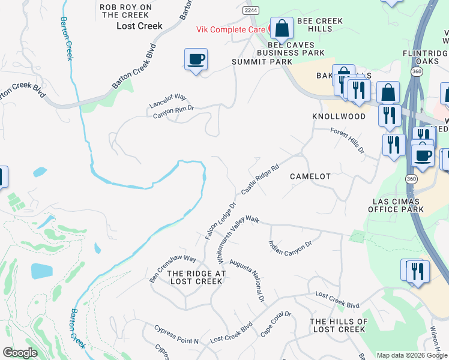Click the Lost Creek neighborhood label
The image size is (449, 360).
139,26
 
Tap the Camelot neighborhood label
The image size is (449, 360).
310,176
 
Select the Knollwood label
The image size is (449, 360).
339,116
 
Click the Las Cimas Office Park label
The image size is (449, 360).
399,205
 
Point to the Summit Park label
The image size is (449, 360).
262,62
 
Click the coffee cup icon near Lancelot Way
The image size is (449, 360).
196,59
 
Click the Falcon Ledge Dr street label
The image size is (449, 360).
220,221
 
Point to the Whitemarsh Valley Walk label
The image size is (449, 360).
238,241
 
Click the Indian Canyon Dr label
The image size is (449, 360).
291,253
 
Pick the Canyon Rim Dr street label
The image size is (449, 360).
173,112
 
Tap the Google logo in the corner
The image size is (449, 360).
20,353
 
